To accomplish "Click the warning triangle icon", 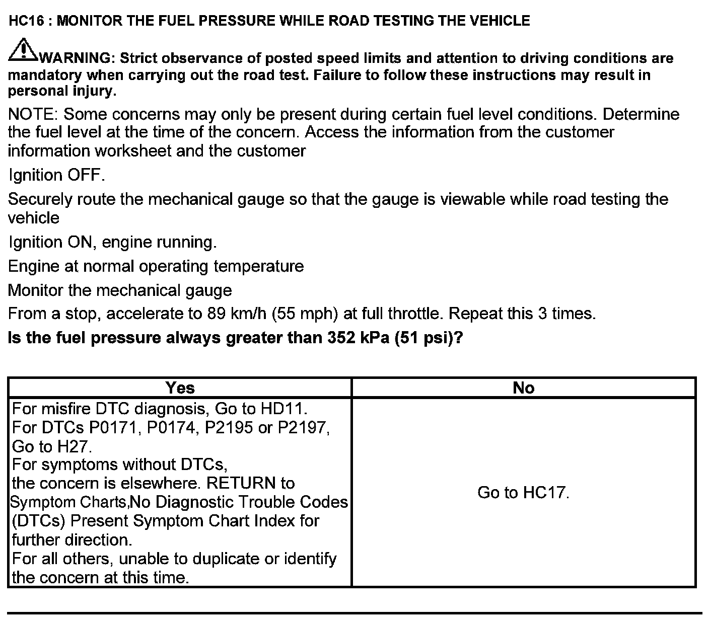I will pyautogui.click(x=23, y=50).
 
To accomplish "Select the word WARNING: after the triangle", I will pyautogui.click(x=78, y=58).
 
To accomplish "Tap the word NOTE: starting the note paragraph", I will pyautogui.click(x=33, y=114).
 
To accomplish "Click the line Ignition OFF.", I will pyautogui.click(x=57, y=175).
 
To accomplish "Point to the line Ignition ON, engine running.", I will pyautogui.click(x=113, y=242).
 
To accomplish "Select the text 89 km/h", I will pyautogui.click(x=237, y=314).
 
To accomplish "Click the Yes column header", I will pyautogui.click(x=180, y=387).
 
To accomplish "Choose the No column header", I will pyautogui.click(x=523, y=387).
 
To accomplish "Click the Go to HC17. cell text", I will pyautogui.click(x=523, y=492).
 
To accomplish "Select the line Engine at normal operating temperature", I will pyautogui.click(x=156, y=266).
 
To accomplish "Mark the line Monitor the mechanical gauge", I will pyautogui.click(x=120, y=290).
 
